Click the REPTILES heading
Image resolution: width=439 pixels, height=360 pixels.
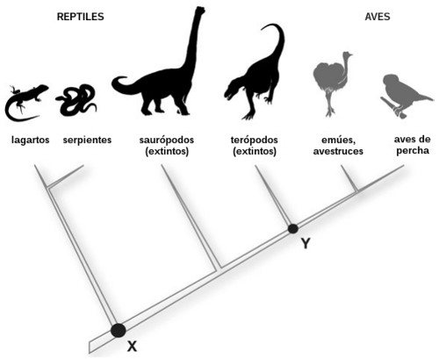(x=80, y=17)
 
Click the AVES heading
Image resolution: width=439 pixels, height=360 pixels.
(x=378, y=17)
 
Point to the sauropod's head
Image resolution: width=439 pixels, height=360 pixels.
(x=199, y=11)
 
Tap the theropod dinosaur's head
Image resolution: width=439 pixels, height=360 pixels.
(x=232, y=90)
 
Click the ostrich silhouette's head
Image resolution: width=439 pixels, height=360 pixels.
(x=348, y=54)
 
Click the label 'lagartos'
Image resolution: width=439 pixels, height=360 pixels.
(x=30, y=140)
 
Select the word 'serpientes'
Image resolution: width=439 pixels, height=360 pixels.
(x=87, y=140)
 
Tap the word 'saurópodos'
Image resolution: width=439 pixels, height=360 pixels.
(x=167, y=140)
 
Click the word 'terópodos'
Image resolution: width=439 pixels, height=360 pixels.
(x=254, y=140)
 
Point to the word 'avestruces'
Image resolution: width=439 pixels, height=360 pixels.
(x=338, y=151)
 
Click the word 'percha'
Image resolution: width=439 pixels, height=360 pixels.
(x=413, y=151)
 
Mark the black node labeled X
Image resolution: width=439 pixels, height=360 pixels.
(x=119, y=330)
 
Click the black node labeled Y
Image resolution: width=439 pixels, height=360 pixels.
(x=293, y=228)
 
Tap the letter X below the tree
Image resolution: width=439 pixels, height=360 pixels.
(x=132, y=347)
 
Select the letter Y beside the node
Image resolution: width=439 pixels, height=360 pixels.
(x=306, y=243)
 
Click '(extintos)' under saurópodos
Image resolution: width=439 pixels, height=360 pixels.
(x=167, y=151)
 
